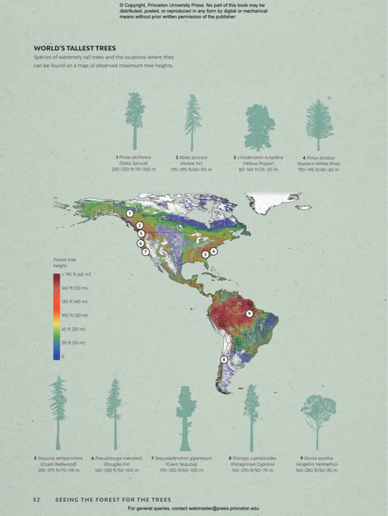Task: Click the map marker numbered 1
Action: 130,214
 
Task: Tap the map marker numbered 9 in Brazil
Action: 249,313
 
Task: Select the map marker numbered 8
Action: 224,360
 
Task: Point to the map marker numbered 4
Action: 213,251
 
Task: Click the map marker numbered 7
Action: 145,252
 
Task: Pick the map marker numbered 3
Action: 205,254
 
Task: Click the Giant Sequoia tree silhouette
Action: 186,418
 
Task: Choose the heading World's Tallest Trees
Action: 75,48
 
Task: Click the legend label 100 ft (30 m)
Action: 74,315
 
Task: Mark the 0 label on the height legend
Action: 63,356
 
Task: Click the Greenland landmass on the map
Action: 270,202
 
